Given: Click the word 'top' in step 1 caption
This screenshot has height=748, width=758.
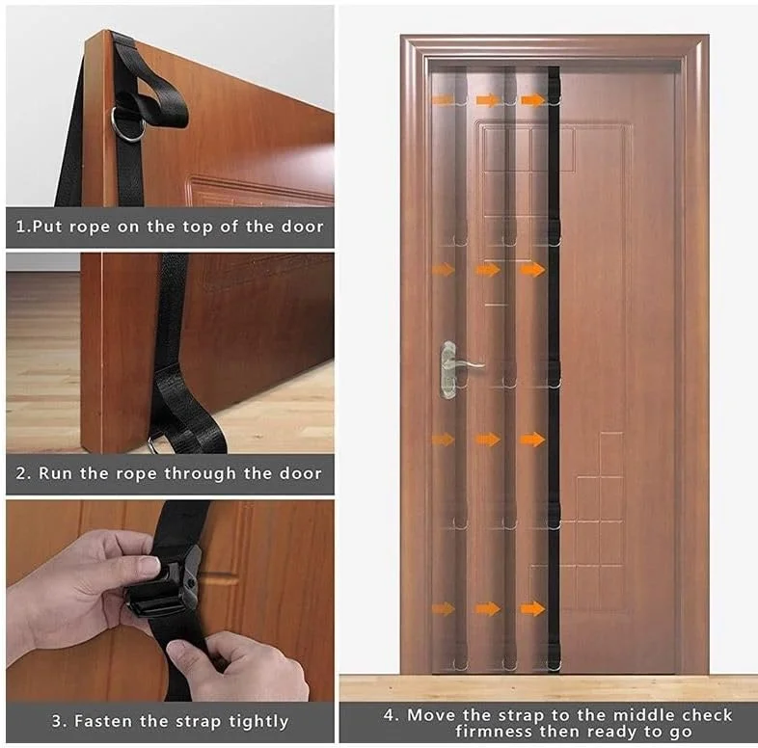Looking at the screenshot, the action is tap(198, 227).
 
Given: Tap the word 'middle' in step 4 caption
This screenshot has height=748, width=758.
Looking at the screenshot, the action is tap(640, 714).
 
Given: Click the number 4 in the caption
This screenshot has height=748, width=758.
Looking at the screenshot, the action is tap(390, 715).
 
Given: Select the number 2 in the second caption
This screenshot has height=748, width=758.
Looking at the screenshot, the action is tap(21, 473).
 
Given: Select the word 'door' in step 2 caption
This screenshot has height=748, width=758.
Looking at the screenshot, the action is tap(300, 473).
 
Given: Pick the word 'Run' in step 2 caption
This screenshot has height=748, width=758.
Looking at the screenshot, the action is tap(52, 473).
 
